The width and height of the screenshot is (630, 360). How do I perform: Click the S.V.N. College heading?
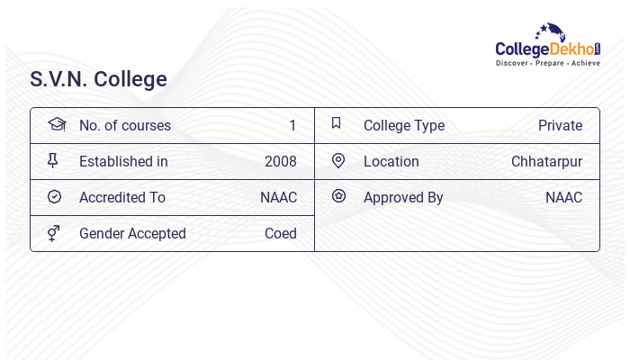(98, 79)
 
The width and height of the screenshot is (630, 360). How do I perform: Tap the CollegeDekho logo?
(548, 46)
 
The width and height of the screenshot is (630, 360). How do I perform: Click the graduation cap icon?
(56, 124)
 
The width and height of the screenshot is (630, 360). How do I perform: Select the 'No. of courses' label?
(124, 126)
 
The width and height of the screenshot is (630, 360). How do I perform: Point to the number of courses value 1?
(292, 126)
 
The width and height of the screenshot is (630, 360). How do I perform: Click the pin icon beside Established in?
(53, 161)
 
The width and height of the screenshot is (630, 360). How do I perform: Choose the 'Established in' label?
(123, 162)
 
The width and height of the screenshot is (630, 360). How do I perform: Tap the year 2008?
(280, 162)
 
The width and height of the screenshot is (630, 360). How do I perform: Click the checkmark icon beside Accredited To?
(54, 197)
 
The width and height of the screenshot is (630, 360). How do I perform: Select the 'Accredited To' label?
(122, 198)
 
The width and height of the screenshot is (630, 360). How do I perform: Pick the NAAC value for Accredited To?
(278, 198)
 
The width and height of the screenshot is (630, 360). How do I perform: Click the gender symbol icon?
(54, 233)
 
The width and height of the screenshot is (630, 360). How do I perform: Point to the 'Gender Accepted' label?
(132, 234)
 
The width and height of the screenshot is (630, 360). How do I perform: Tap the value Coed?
(280, 234)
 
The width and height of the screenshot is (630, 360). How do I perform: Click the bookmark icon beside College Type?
(337, 123)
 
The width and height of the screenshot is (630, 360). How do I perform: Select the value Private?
(560, 126)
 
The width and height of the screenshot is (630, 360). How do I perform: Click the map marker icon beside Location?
(338, 161)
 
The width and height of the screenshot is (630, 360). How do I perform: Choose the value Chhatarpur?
(546, 162)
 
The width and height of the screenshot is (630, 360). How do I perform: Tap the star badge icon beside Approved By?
(338, 196)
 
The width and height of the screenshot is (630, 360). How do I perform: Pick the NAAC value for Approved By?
(563, 198)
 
